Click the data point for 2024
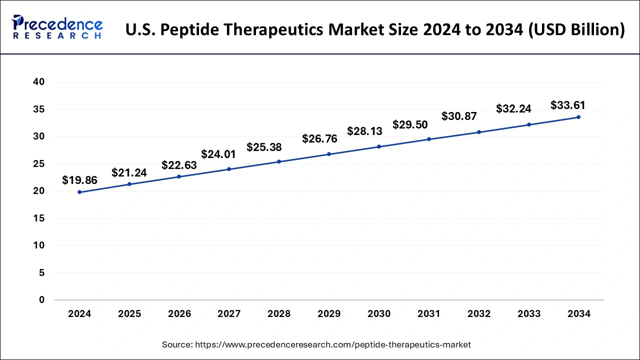point(79,192)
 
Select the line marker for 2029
point(329,154)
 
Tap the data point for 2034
point(578,117)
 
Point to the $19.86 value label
point(79,180)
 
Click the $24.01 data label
point(218,154)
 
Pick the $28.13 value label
point(364,131)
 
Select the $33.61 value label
point(567,105)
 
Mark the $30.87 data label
point(459,116)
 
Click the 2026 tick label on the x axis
point(179,314)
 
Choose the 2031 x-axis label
point(429,314)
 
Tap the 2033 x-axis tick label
point(529,314)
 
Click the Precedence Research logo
point(57,27)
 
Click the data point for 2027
point(229,169)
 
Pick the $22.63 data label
point(179,165)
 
